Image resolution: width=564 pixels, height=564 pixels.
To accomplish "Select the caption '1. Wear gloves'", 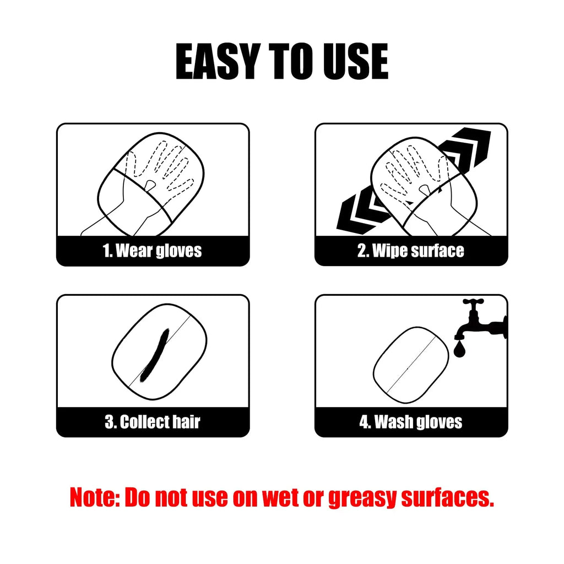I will coord(153,251).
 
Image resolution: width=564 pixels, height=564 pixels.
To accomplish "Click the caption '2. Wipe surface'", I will coord(411,251).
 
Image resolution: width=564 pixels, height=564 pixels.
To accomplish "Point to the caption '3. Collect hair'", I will coord(153,422).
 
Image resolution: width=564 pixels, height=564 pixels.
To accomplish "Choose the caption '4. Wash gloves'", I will coord(411,422).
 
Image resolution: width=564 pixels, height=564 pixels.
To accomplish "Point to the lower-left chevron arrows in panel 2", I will coord(358,212).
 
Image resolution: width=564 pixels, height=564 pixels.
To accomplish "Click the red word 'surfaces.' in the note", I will coord(447,498).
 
